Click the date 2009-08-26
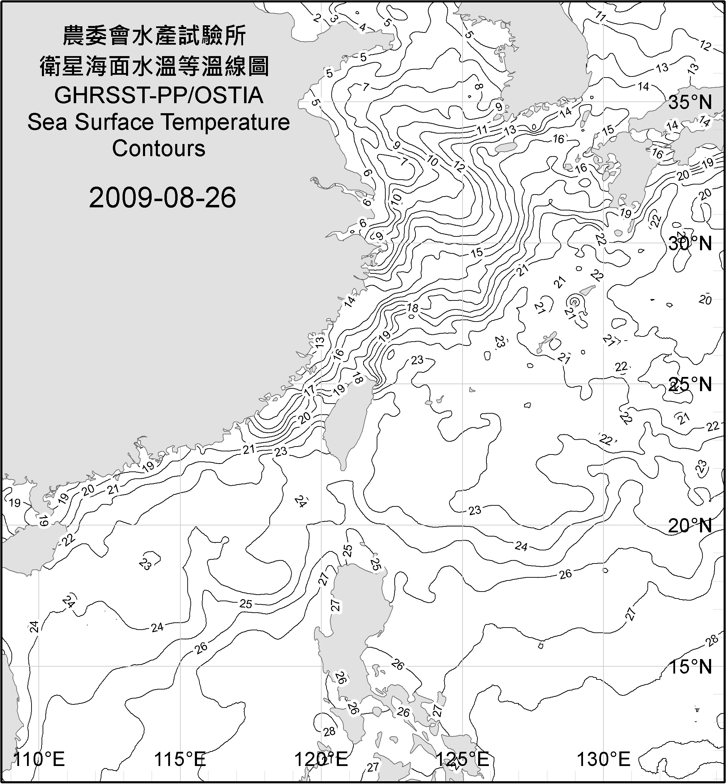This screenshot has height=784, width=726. click(x=162, y=198)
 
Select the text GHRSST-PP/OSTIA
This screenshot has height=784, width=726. click(x=159, y=96)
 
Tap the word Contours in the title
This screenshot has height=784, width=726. click(x=159, y=148)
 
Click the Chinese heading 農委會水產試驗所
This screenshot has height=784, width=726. click(x=154, y=36)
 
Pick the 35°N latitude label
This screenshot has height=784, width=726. click(x=690, y=102)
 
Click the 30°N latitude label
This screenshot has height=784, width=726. click(x=690, y=244)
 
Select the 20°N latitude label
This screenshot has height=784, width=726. click(x=690, y=525)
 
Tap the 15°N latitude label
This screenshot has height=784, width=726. click(x=690, y=667)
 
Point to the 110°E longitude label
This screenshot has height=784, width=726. click(x=39, y=759)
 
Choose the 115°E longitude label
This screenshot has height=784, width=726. click(x=180, y=759)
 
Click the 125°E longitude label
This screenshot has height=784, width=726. click(x=463, y=759)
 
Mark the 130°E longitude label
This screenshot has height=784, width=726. click(x=603, y=759)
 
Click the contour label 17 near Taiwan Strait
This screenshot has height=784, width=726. click(x=310, y=390)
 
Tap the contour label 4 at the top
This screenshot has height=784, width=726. click(x=362, y=27)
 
